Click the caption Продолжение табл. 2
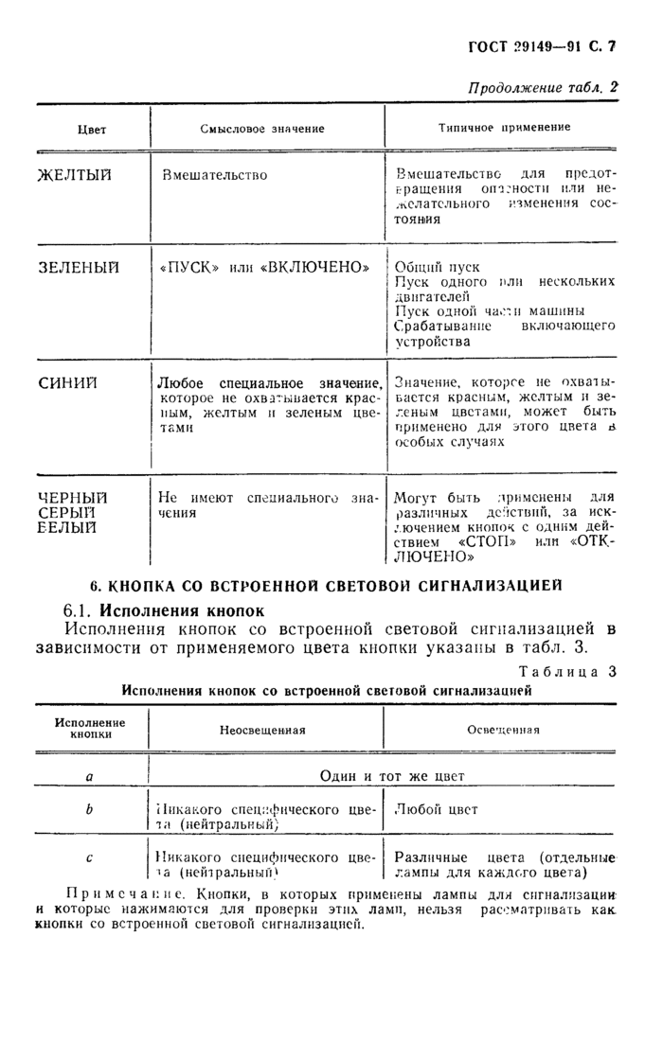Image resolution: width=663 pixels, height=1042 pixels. point(543,87)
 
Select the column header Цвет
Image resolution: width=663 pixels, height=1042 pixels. point(91,129)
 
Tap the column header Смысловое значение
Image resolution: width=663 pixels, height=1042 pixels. point(262,128)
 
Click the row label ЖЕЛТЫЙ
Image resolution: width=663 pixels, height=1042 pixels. point(75,175)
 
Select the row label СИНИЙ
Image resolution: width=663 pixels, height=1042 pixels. point(66,382)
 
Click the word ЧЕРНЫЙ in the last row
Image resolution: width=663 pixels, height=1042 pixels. point(72,497)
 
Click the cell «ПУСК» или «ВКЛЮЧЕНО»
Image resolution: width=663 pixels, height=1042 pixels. point(264,267)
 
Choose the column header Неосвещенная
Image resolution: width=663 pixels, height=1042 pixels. point(262,730)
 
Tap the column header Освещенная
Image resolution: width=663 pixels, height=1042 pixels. point(504,730)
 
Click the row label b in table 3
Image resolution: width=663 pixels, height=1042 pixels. point(89,809)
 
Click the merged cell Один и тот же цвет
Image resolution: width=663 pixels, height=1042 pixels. point(392,775)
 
